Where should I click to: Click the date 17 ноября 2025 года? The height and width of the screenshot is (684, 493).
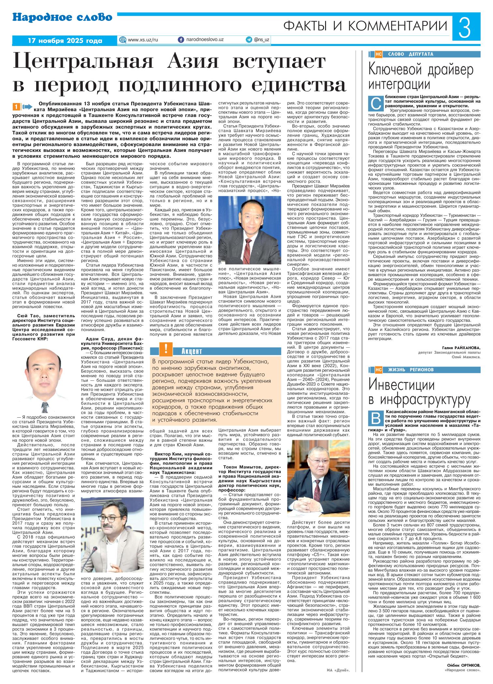click(65, 41)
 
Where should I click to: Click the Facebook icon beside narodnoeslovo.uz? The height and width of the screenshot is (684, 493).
click(181, 40)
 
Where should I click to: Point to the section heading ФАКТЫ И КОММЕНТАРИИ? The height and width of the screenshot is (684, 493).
click(365, 26)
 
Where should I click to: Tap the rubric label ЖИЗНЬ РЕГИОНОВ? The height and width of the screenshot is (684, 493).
click(411, 370)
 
